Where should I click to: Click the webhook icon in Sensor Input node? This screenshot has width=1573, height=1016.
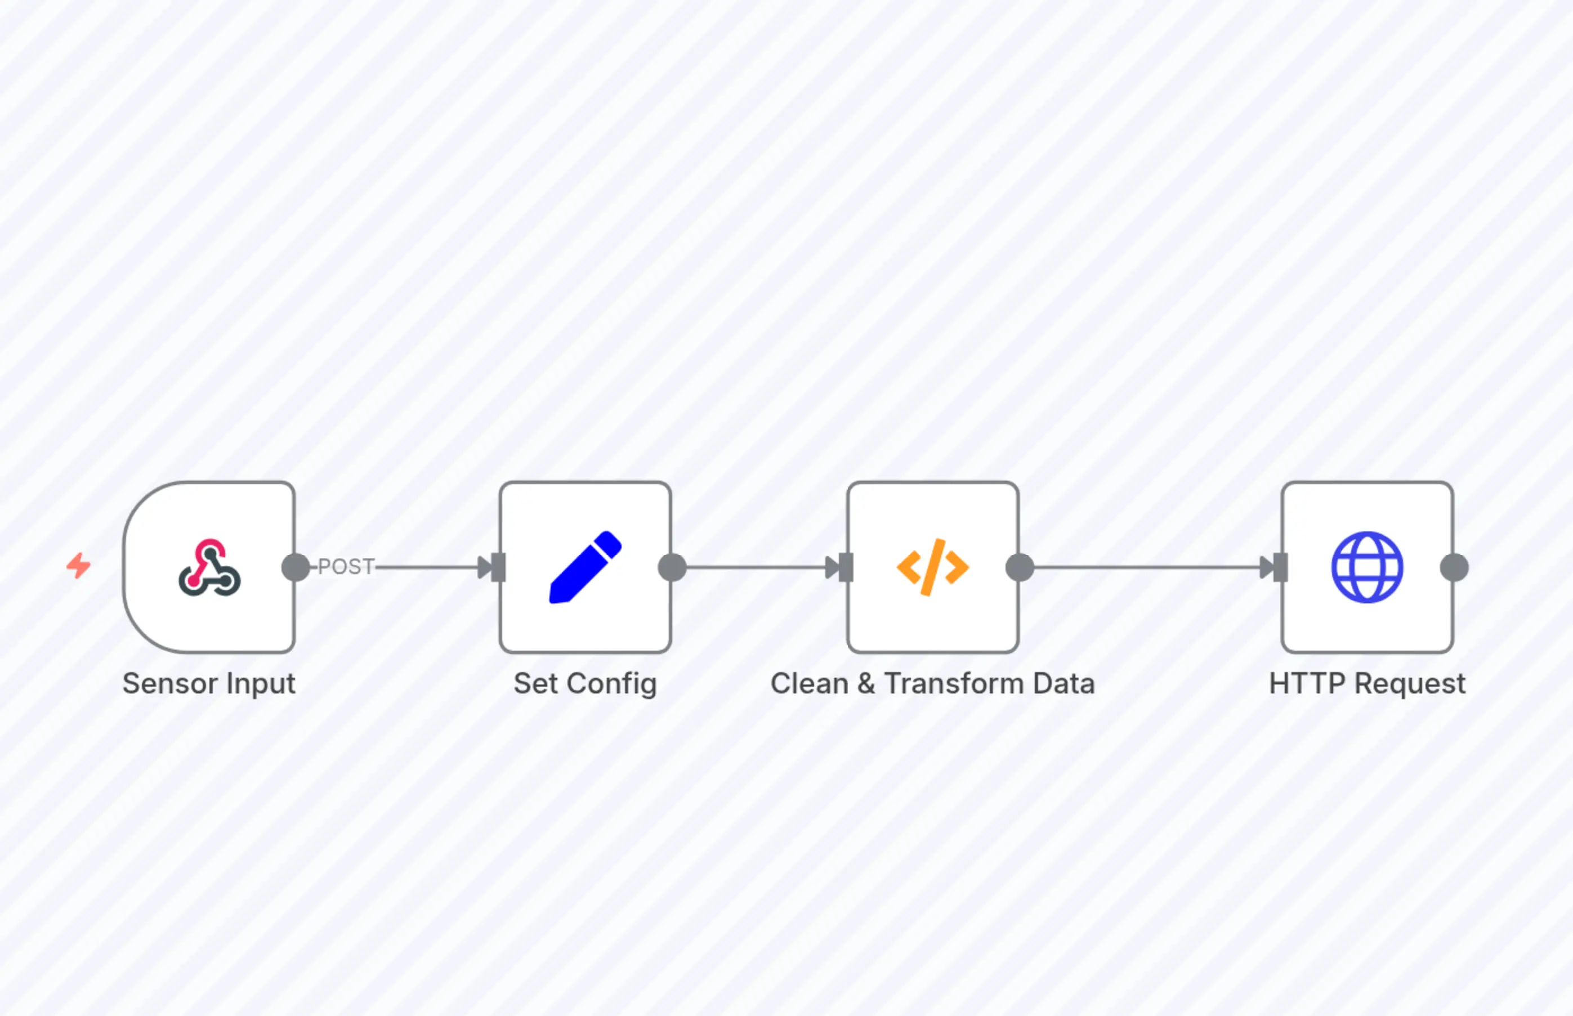click(x=209, y=568)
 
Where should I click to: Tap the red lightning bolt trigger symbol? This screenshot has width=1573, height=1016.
click(x=78, y=566)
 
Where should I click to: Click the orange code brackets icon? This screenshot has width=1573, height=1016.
click(x=932, y=567)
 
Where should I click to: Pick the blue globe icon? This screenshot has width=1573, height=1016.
click(x=1367, y=567)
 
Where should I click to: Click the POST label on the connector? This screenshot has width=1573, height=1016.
click(x=346, y=567)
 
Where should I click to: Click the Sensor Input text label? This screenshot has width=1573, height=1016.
click(x=208, y=683)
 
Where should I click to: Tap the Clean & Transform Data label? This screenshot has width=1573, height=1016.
click(x=932, y=683)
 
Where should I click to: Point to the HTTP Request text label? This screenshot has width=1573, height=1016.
click(x=1367, y=683)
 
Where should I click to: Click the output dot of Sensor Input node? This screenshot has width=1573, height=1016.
click(x=295, y=567)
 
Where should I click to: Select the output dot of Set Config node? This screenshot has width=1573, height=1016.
click(x=672, y=567)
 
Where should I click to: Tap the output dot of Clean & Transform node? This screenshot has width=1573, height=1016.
click(x=1020, y=567)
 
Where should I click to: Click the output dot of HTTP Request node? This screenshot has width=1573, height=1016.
click(x=1454, y=567)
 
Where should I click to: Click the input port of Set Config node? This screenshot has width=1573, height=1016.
click(x=499, y=567)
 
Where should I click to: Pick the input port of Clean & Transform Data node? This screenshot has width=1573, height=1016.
click(x=847, y=567)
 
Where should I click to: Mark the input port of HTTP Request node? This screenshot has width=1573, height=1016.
click(x=1281, y=567)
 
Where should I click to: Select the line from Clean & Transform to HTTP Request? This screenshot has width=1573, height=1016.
click(x=1142, y=567)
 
